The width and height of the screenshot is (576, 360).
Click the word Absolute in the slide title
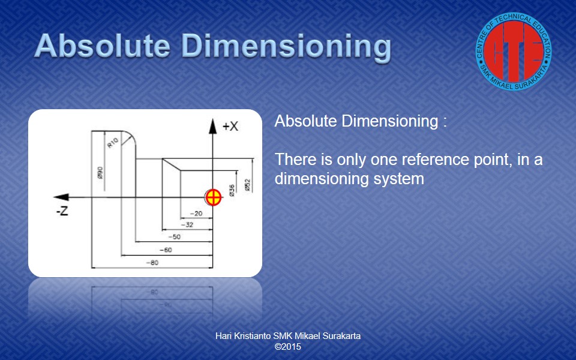point(103,46)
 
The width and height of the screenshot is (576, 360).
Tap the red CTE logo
point(514,52)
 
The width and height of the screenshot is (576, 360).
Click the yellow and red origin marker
point(213,197)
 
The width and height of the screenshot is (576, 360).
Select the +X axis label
point(230,127)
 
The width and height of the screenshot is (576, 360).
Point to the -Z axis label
point(62,211)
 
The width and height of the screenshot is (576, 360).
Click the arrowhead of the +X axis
point(212,126)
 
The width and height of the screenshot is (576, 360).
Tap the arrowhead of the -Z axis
point(61,197)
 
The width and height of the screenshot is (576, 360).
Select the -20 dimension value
point(197,214)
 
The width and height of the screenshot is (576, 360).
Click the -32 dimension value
point(187,224)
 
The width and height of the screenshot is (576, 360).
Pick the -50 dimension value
point(175,237)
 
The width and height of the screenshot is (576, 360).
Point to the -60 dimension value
point(166,250)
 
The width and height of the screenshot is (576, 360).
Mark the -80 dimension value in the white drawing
point(152,263)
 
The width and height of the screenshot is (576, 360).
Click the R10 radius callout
point(113,143)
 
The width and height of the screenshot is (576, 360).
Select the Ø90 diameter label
point(100,173)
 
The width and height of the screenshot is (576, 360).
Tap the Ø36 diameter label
point(232,190)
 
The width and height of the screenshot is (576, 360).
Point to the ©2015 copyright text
point(288,347)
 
